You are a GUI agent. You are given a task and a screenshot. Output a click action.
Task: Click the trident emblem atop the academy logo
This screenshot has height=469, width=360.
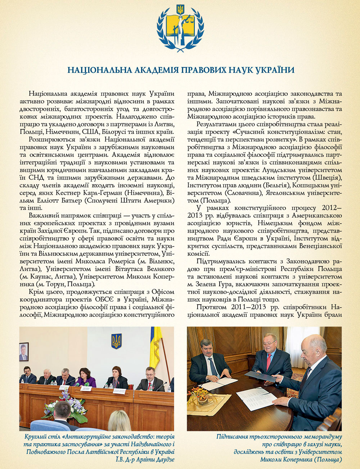tap(180, 9)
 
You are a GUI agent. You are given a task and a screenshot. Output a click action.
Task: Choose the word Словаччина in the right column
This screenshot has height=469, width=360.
tap(242, 193)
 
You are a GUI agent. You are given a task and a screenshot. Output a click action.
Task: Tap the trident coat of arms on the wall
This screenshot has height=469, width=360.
tap(116, 341)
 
